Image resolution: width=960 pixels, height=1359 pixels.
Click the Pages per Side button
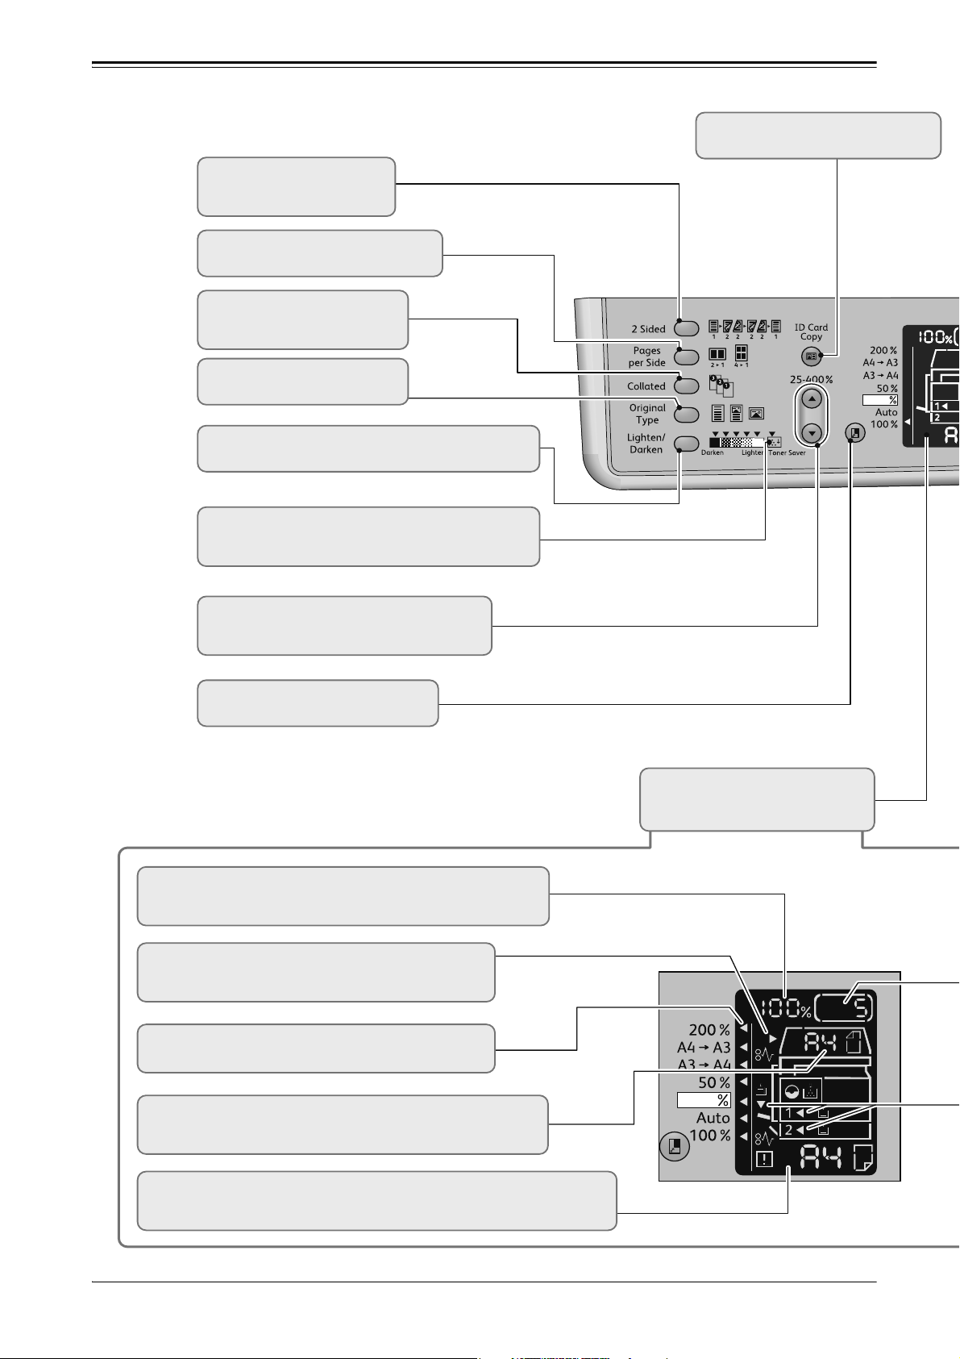686,357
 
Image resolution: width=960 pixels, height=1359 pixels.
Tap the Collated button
686,386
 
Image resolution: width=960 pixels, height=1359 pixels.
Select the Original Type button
686,414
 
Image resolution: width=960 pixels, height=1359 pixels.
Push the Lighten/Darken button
686,444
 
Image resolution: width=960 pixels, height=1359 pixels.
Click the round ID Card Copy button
811,356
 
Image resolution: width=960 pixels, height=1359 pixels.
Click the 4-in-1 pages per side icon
741,354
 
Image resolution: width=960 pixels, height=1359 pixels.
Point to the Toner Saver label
787,453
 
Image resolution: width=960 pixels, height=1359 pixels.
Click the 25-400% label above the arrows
811,380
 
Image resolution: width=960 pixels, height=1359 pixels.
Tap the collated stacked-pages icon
721,386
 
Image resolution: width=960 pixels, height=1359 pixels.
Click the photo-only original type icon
756,414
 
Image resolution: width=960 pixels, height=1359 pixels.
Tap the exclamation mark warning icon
763,1160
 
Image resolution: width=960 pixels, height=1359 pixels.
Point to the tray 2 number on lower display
788,1130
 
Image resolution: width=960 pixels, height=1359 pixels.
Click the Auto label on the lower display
713,1118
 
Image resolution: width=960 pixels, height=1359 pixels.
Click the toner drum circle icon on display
792,1093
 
